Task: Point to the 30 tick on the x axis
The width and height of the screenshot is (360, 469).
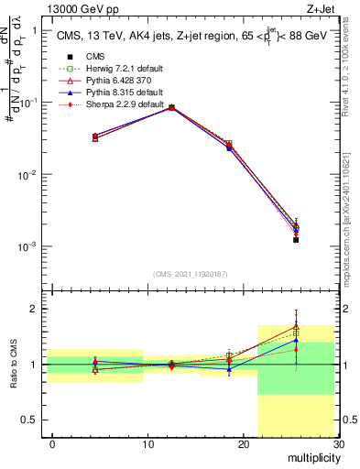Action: tap(337, 444)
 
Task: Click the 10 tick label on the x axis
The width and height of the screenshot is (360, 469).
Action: tap(147, 444)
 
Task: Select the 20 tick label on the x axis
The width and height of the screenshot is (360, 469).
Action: tap(243, 444)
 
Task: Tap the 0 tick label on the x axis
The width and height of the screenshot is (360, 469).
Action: tap(52, 444)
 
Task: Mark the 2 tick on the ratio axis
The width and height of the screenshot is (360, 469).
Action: tap(34, 309)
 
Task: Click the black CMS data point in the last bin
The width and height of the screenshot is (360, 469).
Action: tap(296, 240)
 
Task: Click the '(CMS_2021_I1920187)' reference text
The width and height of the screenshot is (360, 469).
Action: tap(191, 274)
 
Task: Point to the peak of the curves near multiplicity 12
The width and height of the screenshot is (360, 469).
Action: tap(171, 107)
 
